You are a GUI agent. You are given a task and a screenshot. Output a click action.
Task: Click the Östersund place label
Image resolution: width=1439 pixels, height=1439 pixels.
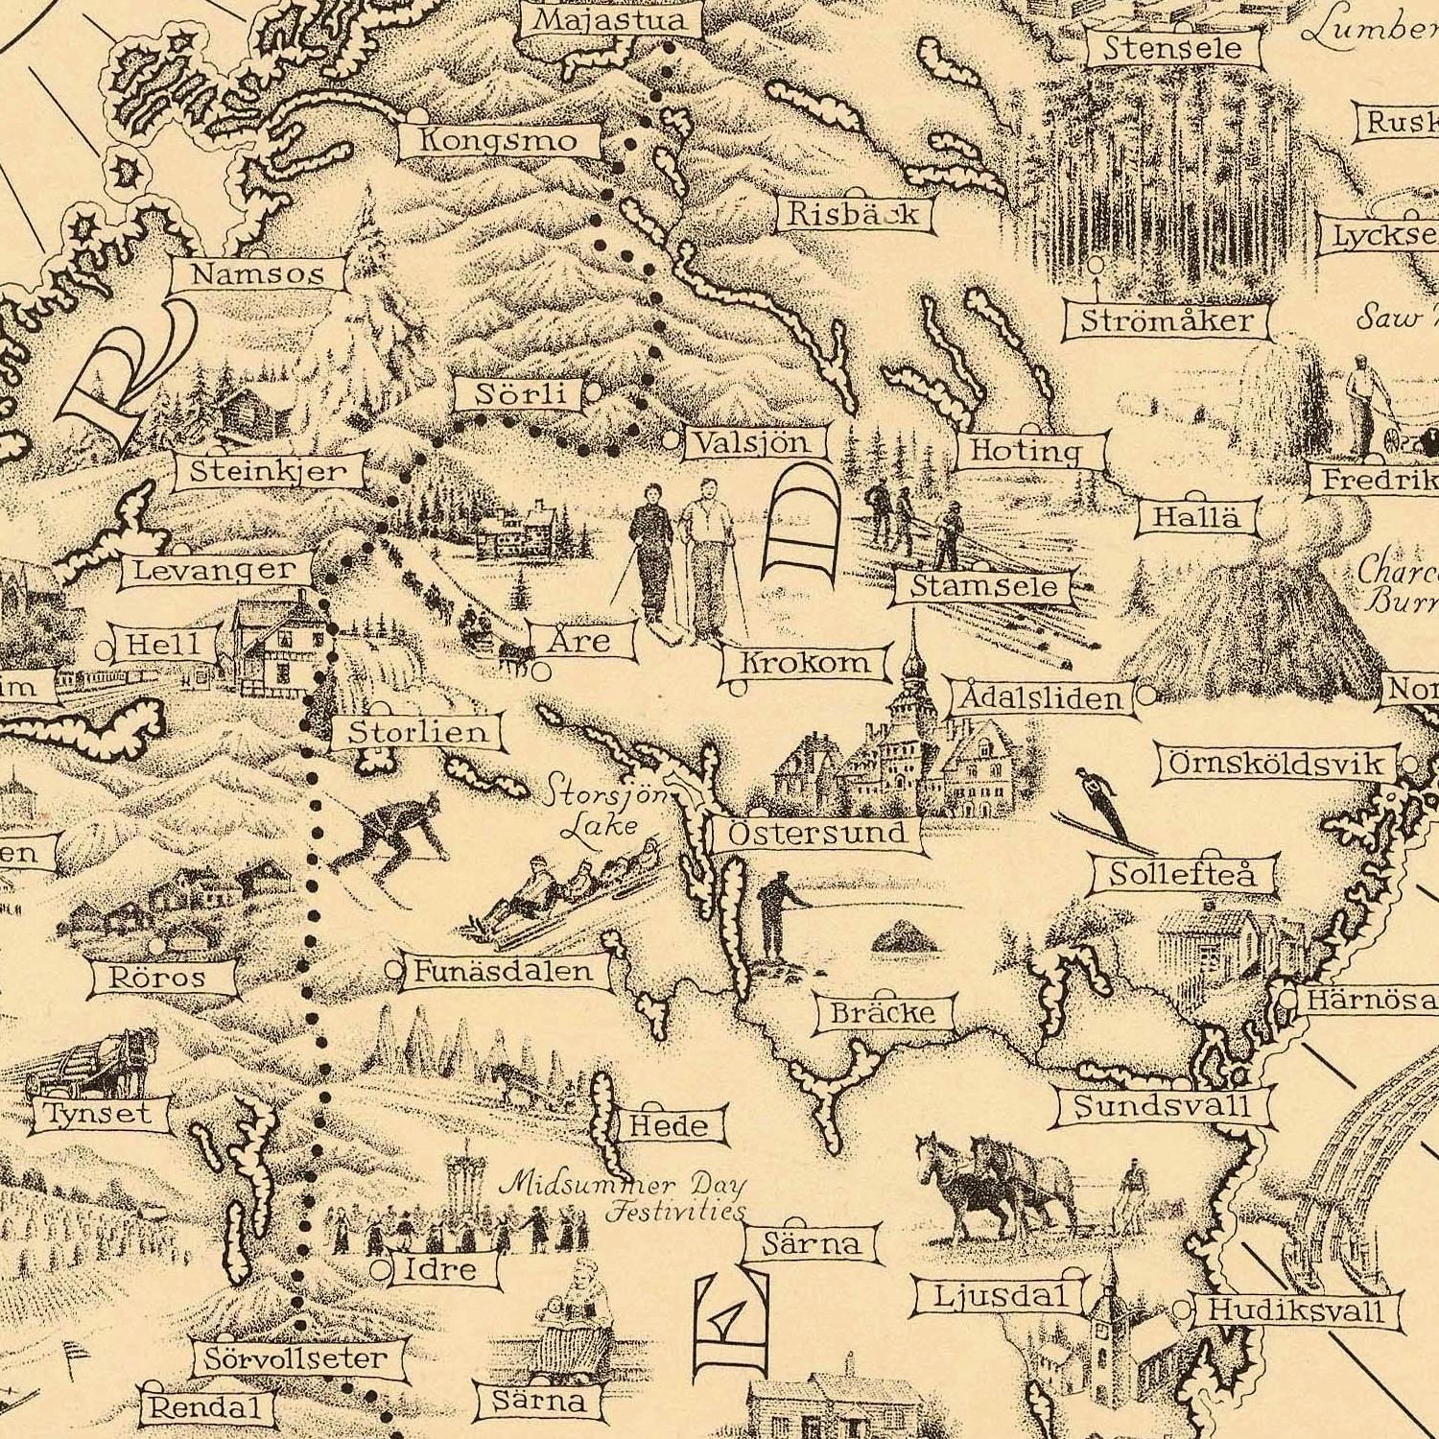tap(816, 833)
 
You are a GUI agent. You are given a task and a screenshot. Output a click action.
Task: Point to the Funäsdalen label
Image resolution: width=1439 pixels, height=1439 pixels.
tap(503, 971)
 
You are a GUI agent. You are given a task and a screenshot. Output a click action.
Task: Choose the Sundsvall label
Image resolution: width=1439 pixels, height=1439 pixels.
tap(1162, 1106)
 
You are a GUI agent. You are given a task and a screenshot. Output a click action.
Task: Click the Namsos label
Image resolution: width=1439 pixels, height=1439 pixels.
tap(257, 274)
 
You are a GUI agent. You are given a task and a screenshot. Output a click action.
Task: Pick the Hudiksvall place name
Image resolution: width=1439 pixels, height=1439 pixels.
tap(1296, 1309)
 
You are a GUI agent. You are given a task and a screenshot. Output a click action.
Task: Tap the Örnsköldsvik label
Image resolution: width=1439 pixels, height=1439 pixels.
tap(1277, 764)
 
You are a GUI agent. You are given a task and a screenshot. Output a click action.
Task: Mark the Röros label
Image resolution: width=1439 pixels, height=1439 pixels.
tap(158, 978)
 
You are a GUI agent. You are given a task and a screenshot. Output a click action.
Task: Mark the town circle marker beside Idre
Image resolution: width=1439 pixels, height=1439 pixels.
tap(382, 1270)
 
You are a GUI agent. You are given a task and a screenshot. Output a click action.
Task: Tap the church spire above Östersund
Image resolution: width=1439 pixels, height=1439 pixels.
tap(912, 662)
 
